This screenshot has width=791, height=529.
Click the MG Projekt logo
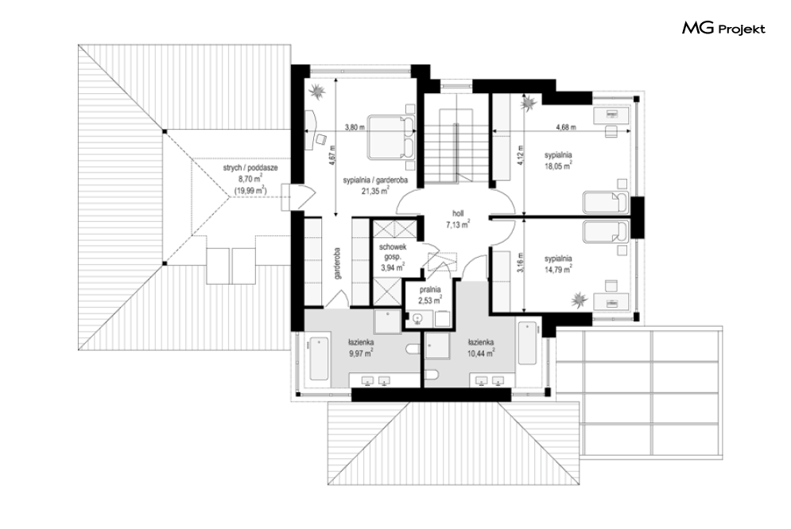(x=723, y=29)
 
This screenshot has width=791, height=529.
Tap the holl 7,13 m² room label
(x=458, y=220)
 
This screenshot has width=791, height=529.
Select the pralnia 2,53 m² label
(x=430, y=295)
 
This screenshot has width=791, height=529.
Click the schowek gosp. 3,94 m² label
(x=393, y=258)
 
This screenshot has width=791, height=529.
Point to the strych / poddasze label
(x=250, y=168)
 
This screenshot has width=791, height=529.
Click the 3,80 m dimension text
(x=355, y=127)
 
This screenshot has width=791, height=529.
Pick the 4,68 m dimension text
(x=566, y=127)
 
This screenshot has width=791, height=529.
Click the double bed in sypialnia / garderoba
(x=391, y=138)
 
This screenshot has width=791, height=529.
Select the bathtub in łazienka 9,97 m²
(x=320, y=358)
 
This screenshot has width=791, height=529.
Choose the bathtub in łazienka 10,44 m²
(x=527, y=343)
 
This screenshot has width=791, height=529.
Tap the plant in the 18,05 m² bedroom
(x=529, y=103)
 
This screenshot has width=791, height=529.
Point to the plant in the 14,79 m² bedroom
(x=580, y=300)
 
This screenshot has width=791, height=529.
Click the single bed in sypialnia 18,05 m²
(x=606, y=202)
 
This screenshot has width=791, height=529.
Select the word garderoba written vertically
(x=337, y=263)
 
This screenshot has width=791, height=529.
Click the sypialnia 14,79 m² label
(x=558, y=264)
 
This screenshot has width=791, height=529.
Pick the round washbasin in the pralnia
(x=417, y=318)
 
